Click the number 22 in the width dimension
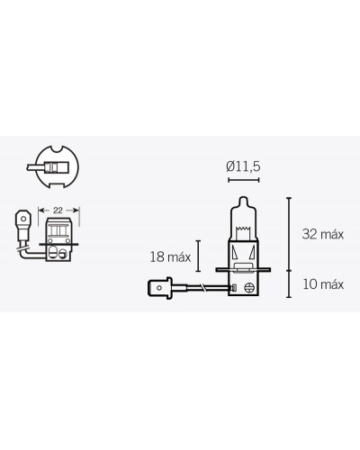(57, 209)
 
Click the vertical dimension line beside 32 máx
(288, 231)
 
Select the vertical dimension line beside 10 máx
(288, 284)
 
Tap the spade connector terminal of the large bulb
(157, 288)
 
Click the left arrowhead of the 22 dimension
(41, 210)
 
